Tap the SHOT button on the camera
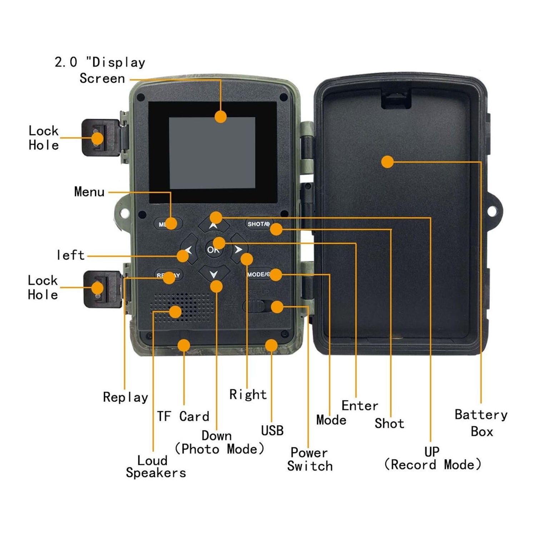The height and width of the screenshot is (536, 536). (x=258, y=224)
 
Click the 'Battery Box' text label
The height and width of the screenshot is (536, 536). (x=481, y=423)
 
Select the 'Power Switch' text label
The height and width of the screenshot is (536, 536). (x=309, y=459)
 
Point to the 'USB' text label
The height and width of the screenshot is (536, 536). (x=272, y=431)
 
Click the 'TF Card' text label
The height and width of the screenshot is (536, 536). (x=183, y=416)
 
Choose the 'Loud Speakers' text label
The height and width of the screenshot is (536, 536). (x=155, y=467)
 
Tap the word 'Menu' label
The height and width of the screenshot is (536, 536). (x=89, y=192)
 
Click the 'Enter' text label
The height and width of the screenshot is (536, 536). (x=359, y=406)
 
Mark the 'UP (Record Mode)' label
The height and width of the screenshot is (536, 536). (x=432, y=458)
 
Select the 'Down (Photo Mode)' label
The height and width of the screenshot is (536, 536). (x=219, y=442)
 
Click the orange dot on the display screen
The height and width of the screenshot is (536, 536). (x=221, y=116)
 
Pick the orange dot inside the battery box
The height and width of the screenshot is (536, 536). (x=387, y=162)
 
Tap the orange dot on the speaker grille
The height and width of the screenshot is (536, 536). (x=175, y=312)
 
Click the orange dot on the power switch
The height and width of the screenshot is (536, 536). (x=277, y=307)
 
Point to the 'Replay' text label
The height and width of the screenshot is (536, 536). (x=125, y=397)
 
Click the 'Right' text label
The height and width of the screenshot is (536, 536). (x=248, y=394)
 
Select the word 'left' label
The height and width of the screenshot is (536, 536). (x=71, y=255)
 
